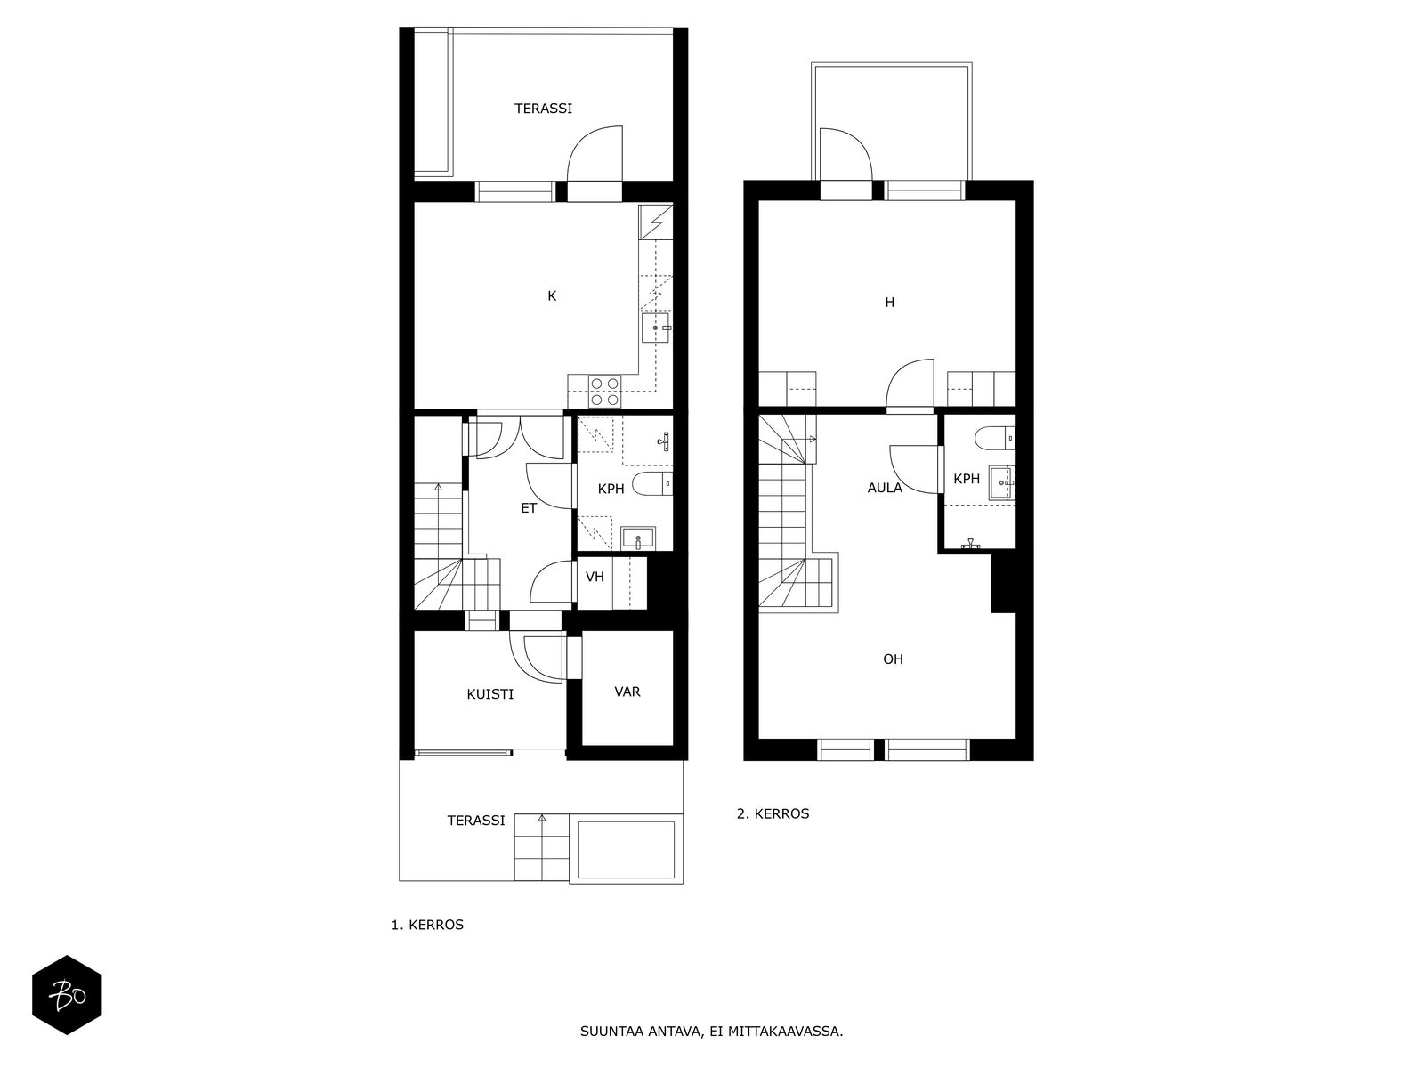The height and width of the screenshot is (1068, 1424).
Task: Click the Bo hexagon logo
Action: (x=67, y=995)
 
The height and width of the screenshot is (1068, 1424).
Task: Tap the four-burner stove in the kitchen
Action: (x=604, y=392)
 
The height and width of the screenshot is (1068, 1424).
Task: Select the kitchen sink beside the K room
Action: (x=656, y=328)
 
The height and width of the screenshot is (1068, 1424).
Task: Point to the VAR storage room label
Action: (x=627, y=692)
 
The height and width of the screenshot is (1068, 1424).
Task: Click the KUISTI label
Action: (x=489, y=694)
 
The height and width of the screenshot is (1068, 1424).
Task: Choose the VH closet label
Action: (x=595, y=577)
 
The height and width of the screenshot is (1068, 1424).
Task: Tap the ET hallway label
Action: (x=529, y=508)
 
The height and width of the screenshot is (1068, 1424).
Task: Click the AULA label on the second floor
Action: (x=885, y=488)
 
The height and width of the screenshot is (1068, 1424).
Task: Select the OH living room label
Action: (x=893, y=659)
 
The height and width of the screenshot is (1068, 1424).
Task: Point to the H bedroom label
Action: (x=889, y=303)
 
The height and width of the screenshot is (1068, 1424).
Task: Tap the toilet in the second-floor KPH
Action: (x=995, y=438)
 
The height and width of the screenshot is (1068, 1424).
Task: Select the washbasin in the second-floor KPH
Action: (x=1001, y=482)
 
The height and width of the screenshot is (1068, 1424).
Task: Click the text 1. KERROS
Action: (x=427, y=926)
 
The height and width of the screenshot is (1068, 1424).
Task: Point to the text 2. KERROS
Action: (x=773, y=813)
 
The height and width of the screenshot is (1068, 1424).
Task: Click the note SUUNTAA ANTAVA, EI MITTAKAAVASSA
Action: (x=712, y=1031)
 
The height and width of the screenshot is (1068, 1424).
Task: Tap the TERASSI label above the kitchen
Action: (x=543, y=109)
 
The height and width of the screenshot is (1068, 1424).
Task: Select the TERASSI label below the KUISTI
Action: (x=475, y=821)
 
